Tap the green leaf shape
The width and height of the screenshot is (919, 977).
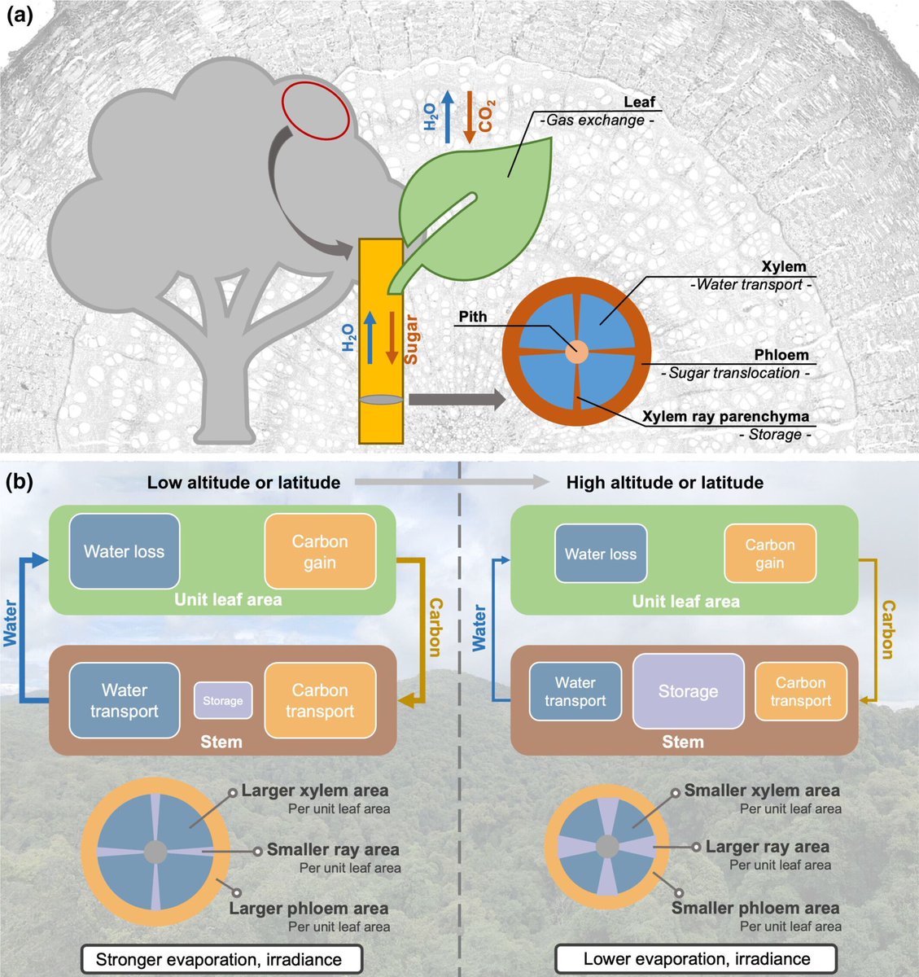click(488, 204)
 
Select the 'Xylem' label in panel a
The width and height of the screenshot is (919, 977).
click(783, 267)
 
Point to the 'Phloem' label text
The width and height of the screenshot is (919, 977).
click(781, 356)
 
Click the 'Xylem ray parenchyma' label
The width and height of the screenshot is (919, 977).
click(725, 417)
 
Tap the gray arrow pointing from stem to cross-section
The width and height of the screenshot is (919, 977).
click(456, 399)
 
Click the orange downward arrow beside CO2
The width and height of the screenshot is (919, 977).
click(469, 117)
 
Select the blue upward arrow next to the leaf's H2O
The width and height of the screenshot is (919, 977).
click(447, 117)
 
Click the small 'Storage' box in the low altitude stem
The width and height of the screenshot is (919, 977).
click(222, 701)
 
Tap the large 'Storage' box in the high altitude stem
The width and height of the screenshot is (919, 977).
click(688, 691)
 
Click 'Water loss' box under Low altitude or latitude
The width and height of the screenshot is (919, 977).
click(124, 551)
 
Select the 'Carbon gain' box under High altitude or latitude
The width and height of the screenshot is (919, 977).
click(769, 554)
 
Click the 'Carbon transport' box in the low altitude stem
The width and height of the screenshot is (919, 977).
click(320, 700)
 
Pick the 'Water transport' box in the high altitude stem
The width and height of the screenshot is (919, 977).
click(575, 691)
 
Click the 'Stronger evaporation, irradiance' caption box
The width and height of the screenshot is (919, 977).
click(218, 959)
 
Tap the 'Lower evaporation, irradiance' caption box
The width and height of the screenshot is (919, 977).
click(696, 958)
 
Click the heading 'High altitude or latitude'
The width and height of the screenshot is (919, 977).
click(664, 483)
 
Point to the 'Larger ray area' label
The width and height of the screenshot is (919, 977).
click(767, 847)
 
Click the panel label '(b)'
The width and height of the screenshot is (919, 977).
click(20, 482)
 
